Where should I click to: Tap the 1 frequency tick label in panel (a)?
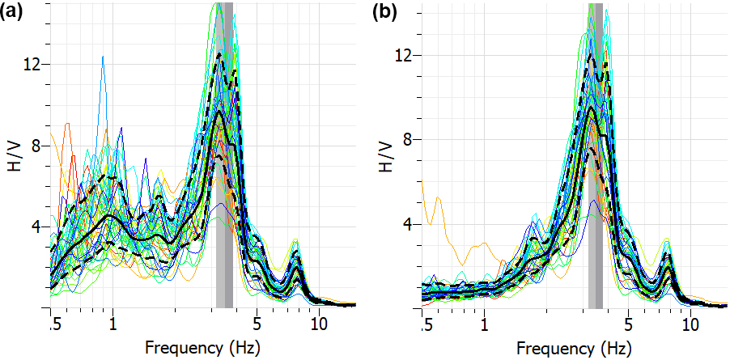pyautogui.click(x=112, y=324)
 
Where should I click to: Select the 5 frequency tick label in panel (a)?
pyautogui.click(x=257, y=324)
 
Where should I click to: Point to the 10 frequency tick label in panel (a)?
pyautogui.click(x=320, y=324)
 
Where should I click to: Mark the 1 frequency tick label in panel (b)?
pyautogui.click(x=484, y=324)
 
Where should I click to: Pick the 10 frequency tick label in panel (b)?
pyautogui.click(x=691, y=324)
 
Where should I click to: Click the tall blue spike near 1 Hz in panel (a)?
pyautogui.click(x=103, y=58)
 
